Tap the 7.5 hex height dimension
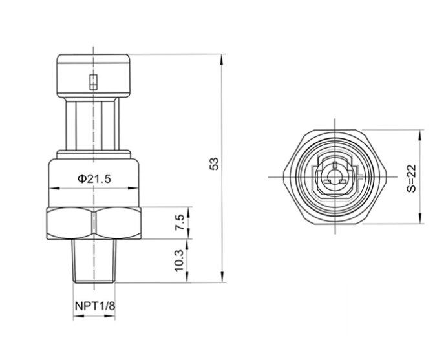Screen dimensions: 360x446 pos(180,224)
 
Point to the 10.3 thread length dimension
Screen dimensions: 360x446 pos(180,261)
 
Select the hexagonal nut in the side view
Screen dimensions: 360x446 pos(94,224)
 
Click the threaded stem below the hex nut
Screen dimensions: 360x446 pos(94,261)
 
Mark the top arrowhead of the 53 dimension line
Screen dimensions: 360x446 pos(224,59)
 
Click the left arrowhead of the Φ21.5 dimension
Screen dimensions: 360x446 pos(53,189)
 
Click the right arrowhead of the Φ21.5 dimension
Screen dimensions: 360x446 pos(136,189)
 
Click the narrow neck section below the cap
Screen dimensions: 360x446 pos(94,123)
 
